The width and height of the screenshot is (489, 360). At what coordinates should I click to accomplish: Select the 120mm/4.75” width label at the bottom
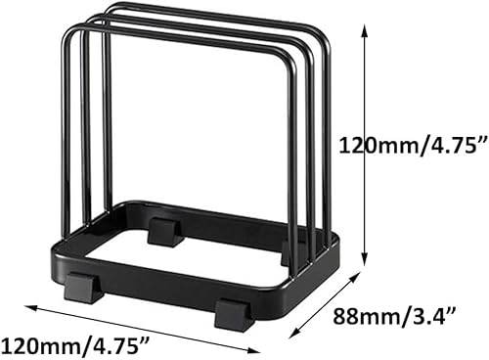click(76, 344)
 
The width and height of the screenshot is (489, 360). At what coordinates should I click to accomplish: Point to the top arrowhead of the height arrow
click(366, 28)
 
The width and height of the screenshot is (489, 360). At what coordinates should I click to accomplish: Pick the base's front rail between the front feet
click(156, 288)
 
